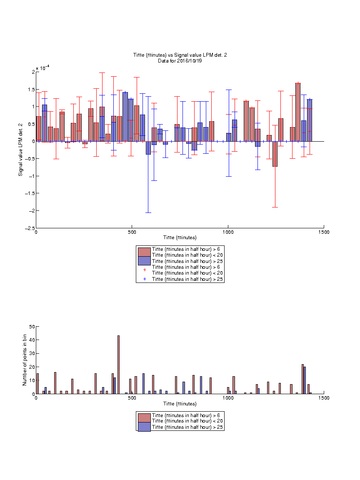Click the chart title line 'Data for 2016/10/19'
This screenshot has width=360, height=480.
(180, 60)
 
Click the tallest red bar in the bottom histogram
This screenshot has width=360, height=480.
(118, 365)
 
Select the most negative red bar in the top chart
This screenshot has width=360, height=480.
(275, 154)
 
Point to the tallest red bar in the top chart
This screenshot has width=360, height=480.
(298, 112)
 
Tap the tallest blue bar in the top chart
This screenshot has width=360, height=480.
(125, 117)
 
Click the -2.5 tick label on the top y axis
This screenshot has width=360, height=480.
(30, 228)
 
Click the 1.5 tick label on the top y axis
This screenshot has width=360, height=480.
(32, 90)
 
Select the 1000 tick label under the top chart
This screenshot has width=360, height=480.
(228, 232)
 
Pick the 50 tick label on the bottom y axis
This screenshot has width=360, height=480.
(32, 327)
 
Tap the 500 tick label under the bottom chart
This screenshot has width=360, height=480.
(132, 398)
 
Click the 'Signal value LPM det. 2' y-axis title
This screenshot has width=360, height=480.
(20, 150)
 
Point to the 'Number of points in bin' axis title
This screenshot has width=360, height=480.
(25, 360)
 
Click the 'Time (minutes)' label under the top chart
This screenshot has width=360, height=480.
(180, 237)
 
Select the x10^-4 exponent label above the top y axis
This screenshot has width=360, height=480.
(42, 68)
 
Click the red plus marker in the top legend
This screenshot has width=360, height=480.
(145, 270)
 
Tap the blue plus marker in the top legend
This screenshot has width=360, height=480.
(145, 279)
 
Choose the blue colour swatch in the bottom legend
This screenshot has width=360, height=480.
(144, 427)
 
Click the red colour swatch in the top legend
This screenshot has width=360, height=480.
(144, 252)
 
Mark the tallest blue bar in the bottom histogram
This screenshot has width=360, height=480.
(305, 380)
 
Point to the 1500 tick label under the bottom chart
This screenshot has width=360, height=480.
(324, 398)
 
